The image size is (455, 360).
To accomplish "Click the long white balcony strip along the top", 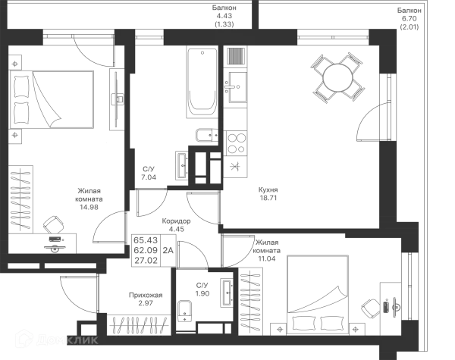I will click(114, 15).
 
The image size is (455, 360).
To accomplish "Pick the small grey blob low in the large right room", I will click(266, 193).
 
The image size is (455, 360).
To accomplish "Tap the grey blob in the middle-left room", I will click(87, 196).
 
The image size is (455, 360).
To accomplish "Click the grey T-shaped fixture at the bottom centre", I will click(144, 303).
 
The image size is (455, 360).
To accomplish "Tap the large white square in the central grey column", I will click(234, 117).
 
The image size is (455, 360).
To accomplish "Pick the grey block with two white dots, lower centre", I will click(147, 246).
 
